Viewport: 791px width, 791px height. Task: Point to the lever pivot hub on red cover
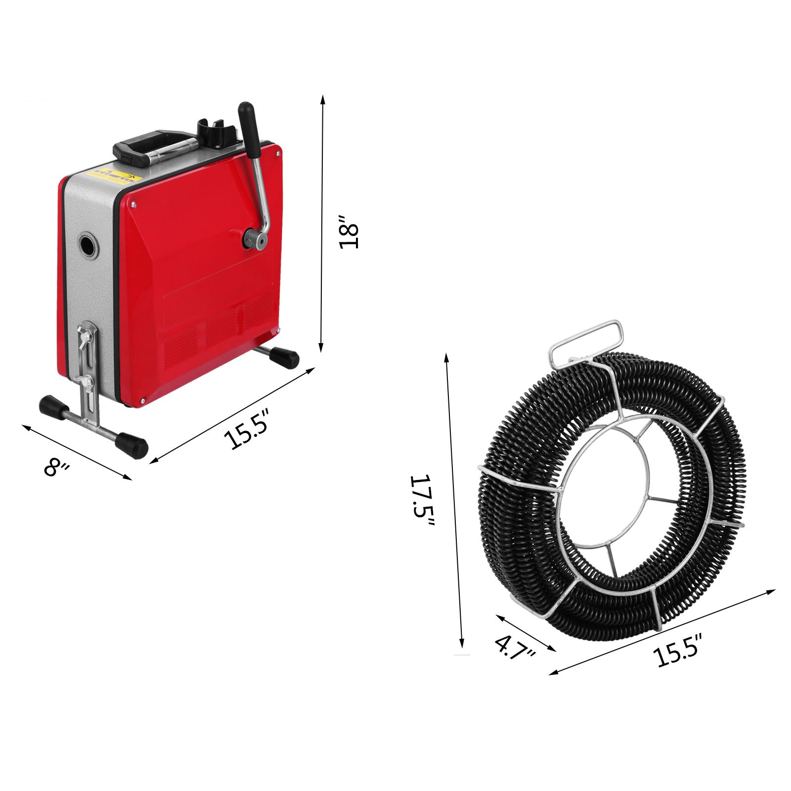click(254, 240)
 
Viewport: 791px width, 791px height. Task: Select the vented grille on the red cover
click(218, 326)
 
